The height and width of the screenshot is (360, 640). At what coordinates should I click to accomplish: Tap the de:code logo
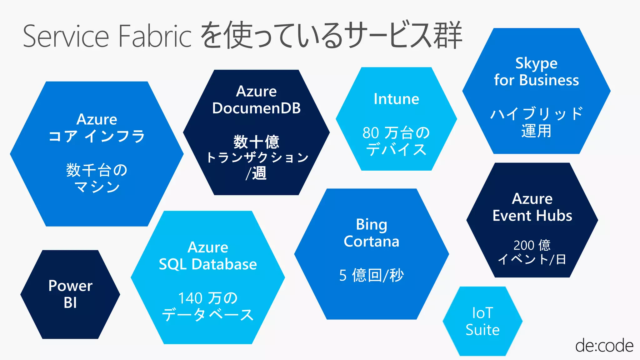click(604, 346)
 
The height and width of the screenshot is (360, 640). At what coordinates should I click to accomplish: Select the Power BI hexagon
click(70, 294)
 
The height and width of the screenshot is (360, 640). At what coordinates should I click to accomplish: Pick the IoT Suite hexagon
click(482, 321)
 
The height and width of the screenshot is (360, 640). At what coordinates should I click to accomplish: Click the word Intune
click(396, 99)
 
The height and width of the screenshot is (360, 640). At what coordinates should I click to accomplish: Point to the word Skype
click(536, 63)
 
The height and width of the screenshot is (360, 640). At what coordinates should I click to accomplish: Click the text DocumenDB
click(256, 108)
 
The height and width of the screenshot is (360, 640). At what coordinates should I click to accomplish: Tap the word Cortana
click(372, 242)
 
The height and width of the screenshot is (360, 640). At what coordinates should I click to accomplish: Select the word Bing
click(372, 225)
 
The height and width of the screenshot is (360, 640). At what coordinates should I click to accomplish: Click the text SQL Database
click(208, 264)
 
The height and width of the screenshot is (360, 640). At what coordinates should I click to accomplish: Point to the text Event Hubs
click(532, 216)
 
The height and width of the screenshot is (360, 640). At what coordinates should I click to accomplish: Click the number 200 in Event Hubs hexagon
click(524, 245)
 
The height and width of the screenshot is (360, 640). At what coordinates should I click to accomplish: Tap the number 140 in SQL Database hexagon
click(190, 298)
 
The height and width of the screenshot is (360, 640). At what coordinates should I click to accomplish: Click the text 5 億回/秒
click(372, 275)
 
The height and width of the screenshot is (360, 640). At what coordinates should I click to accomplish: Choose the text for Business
click(536, 80)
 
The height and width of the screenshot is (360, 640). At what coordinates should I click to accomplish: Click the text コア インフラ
click(97, 136)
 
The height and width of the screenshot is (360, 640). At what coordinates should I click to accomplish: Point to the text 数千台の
click(97, 170)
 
